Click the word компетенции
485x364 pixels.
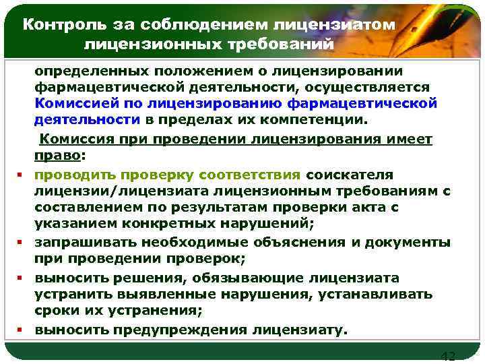(321, 121)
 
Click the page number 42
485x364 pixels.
(447, 355)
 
